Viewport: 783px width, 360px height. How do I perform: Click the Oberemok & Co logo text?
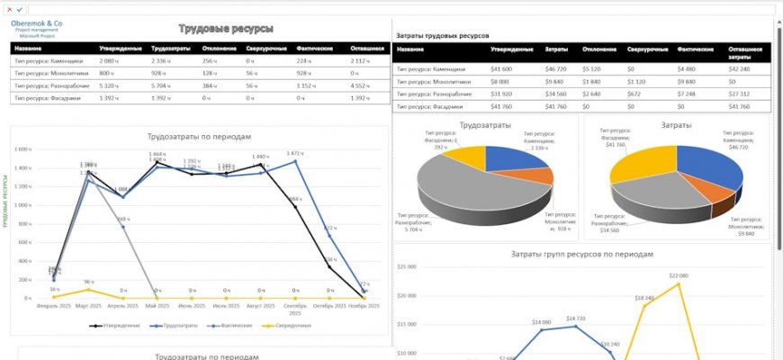coord(37,22)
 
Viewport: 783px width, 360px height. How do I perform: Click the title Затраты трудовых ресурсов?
coord(443,36)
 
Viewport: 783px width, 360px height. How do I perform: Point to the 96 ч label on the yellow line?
coord(89,282)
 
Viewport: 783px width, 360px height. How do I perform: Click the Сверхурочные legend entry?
coord(291,325)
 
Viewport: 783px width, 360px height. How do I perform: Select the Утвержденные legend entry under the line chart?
coord(121,325)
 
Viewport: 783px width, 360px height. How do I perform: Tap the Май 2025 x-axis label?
coord(159,306)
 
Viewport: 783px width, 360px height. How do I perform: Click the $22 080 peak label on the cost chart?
coord(678,275)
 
